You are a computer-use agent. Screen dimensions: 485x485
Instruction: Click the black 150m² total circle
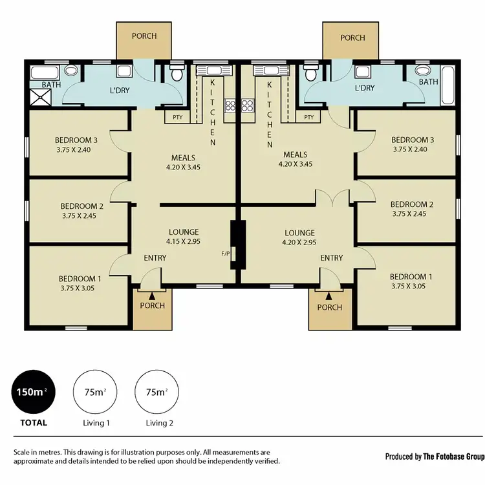[x=33, y=392]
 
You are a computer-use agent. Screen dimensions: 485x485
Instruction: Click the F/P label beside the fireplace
[x=226, y=253]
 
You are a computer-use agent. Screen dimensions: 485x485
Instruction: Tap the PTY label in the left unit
[x=177, y=117]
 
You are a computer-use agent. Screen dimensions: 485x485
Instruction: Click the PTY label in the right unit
[x=308, y=117]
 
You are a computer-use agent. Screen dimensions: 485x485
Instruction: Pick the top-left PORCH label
[x=144, y=36]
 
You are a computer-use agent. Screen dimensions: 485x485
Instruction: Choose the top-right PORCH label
[x=352, y=38]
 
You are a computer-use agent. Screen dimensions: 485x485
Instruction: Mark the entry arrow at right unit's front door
[x=329, y=296]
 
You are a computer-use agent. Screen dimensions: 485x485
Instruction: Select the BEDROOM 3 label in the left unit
[x=76, y=140]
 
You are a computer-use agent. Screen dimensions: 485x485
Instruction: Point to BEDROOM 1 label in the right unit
[x=411, y=276]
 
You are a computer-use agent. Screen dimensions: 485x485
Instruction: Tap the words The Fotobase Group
[x=453, y=457]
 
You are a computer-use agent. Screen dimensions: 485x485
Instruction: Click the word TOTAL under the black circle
[x=33, y=423]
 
